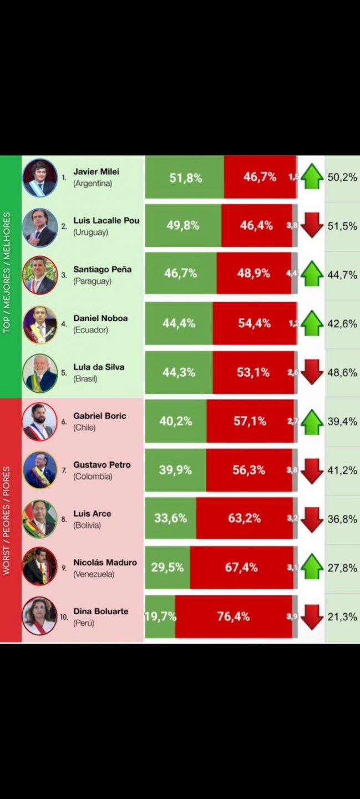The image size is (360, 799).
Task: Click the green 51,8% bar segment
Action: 185,178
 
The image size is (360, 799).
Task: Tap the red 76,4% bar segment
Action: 234,616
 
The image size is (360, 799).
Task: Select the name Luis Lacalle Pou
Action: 106,220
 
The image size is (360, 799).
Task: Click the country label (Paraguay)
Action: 92,281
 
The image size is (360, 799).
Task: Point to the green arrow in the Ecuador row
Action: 312,323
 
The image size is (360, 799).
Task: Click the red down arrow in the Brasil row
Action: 312,372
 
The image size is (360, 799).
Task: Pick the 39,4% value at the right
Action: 342,421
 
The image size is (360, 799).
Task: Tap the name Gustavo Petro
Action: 102,464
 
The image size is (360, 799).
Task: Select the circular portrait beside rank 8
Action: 40,519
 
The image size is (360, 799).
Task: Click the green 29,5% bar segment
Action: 168,568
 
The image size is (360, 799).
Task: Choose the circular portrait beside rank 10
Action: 40,616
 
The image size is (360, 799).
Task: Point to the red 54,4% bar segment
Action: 254,323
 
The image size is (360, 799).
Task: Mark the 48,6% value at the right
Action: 342,372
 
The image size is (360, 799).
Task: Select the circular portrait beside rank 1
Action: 40,178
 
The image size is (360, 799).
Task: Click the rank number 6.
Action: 64,422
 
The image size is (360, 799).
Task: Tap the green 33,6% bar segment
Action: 170,519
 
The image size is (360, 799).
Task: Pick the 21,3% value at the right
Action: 342,616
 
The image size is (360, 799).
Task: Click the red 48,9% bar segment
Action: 253,274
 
